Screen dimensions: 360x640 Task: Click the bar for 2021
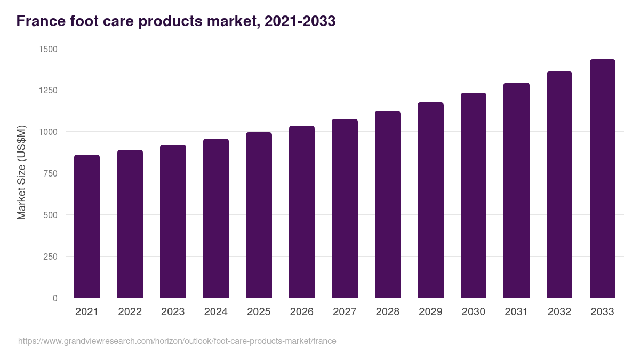(87, 226)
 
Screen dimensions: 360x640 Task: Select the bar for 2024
(216, 218)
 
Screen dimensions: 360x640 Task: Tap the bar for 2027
(345, 208)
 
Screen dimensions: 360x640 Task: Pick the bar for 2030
(474, 195)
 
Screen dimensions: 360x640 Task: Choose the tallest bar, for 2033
(602, 178)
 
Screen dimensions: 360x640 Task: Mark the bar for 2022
(130, 223)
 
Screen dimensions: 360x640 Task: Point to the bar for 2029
(430, 200)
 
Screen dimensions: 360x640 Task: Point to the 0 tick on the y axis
(55, 298)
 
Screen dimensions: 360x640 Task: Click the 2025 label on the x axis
(259, 312)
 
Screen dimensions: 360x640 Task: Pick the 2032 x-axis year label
(559, 312)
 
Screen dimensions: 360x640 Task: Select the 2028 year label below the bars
(388, 312)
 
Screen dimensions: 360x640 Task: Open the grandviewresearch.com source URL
(177, 341)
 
